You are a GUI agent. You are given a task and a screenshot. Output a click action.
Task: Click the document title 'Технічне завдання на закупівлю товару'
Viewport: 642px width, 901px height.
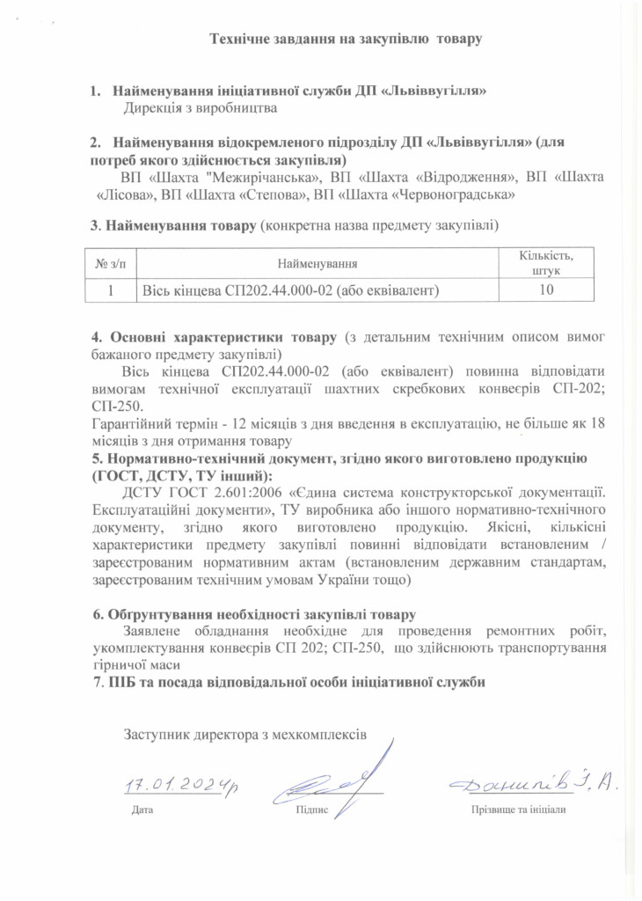(347, 39)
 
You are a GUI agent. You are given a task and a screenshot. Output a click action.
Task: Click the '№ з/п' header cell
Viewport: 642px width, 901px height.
(112, 263)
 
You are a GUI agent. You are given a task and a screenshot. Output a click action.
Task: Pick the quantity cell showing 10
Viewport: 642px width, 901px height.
(546, 290)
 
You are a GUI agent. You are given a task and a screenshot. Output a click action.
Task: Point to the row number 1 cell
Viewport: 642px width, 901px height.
(112, 290)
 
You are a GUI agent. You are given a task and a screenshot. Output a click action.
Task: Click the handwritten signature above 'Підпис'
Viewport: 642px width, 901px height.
(339, 774)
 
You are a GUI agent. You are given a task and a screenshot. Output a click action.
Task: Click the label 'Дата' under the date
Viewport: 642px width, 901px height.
(142, 809)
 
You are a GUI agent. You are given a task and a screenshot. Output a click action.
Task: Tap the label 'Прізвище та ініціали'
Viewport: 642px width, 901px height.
(518, 809)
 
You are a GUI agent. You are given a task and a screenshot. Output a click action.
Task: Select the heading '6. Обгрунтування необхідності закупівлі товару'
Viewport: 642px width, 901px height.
(254, 614)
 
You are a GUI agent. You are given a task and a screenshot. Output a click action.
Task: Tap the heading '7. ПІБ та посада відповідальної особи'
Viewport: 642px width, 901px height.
(290, 682)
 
